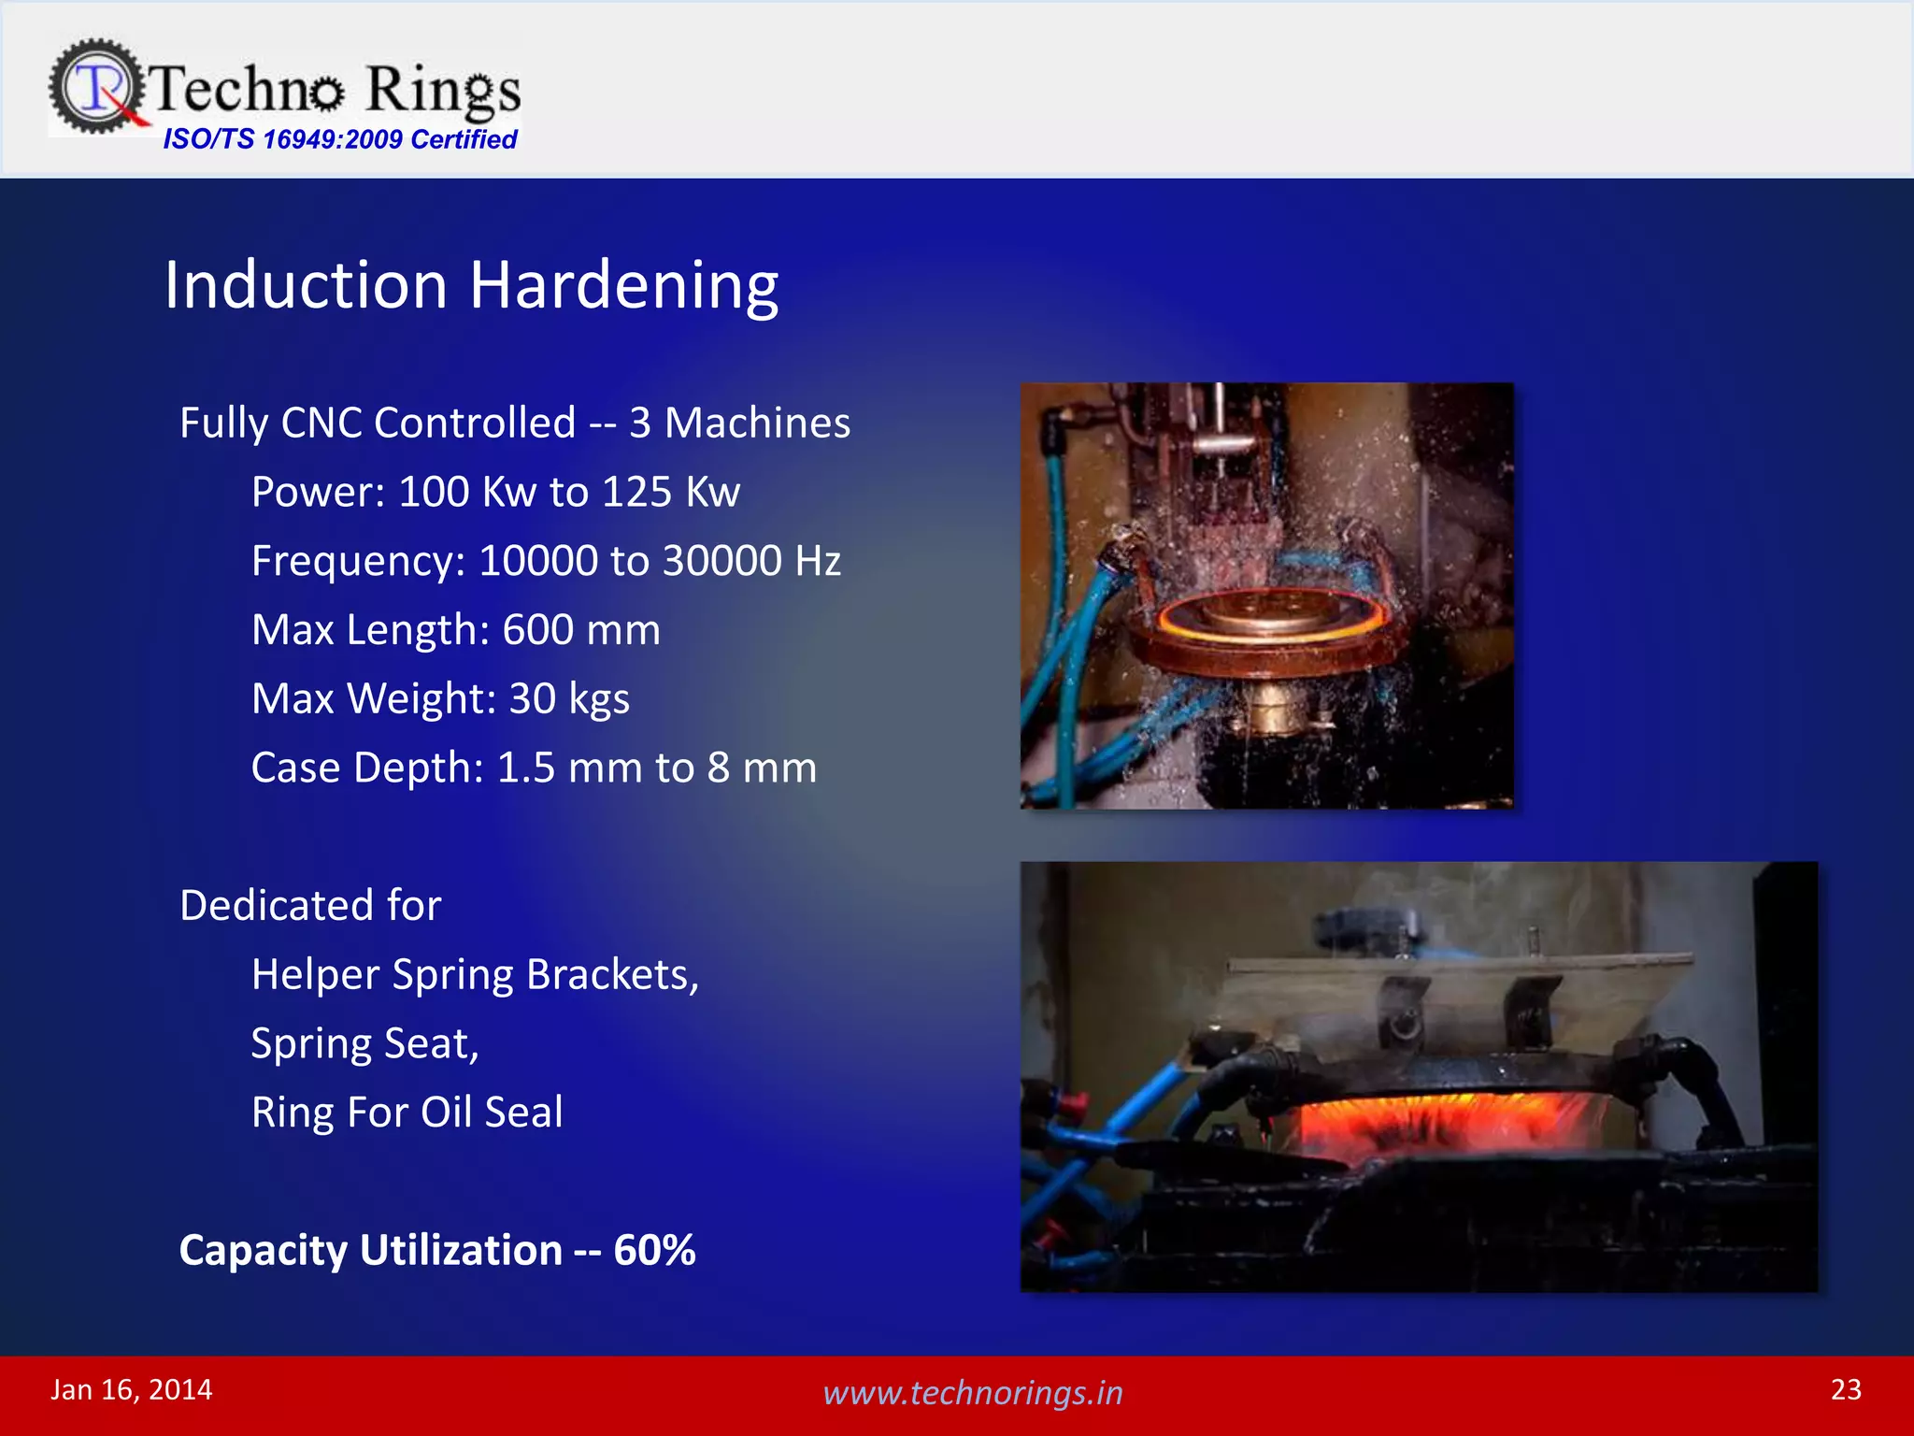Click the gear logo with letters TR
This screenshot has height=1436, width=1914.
pos(96,86)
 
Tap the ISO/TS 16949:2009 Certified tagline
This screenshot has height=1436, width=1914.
pos(339,139)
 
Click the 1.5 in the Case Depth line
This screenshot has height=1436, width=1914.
pos(526,768)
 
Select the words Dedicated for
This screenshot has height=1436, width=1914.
pos(310,905)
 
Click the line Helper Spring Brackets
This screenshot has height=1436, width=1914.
pos(475,974)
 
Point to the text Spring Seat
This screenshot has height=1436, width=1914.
pos(364,1043)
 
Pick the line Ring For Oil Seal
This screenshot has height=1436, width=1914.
pos(407,1113)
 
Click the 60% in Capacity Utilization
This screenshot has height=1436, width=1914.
pos(654,1250)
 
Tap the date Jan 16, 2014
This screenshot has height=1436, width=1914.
pos(131,1389)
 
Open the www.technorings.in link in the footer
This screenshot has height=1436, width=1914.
pos(972,1392)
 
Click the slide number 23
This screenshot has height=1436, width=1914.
pos(1846,1389)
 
